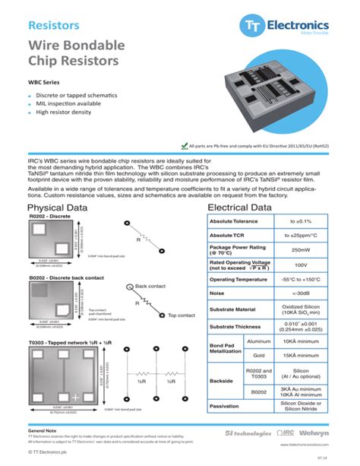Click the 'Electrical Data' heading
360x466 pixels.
click(239, 208)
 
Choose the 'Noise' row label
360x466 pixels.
click(217, 293)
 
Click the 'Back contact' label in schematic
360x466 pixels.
click(150, 286)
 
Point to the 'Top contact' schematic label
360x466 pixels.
click(160, 315)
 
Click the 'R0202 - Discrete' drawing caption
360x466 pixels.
click(49, 217)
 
